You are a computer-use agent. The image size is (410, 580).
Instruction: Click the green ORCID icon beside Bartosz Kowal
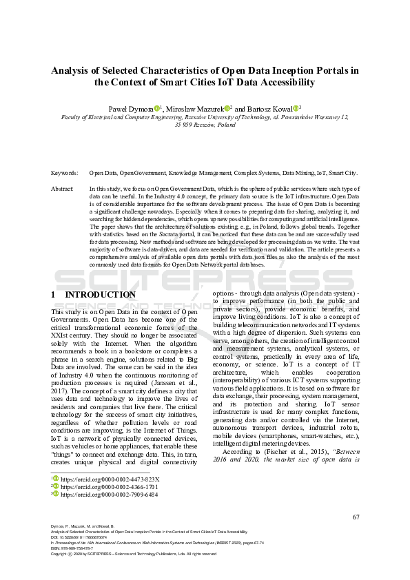click(296, 108)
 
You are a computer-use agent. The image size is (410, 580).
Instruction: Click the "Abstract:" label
click(63, 188)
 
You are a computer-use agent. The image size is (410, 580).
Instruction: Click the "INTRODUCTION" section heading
click(100, 295)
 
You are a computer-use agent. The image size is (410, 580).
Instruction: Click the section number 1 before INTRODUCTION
click(54, 295)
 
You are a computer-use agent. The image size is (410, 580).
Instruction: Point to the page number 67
click(356, 517)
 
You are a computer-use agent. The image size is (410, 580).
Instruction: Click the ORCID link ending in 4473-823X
click(110, 479)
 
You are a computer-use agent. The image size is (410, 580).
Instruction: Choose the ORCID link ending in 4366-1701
click(110, 486)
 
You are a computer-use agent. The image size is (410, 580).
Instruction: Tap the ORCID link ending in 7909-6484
click(110, 494)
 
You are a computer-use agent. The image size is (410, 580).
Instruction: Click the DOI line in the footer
click(81, 539)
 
